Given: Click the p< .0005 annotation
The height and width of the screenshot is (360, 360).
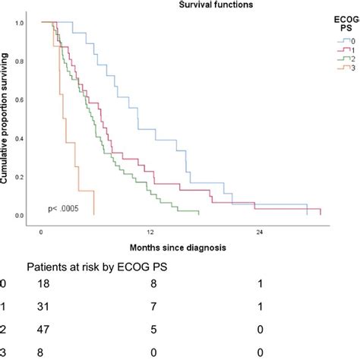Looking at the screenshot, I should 64,207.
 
